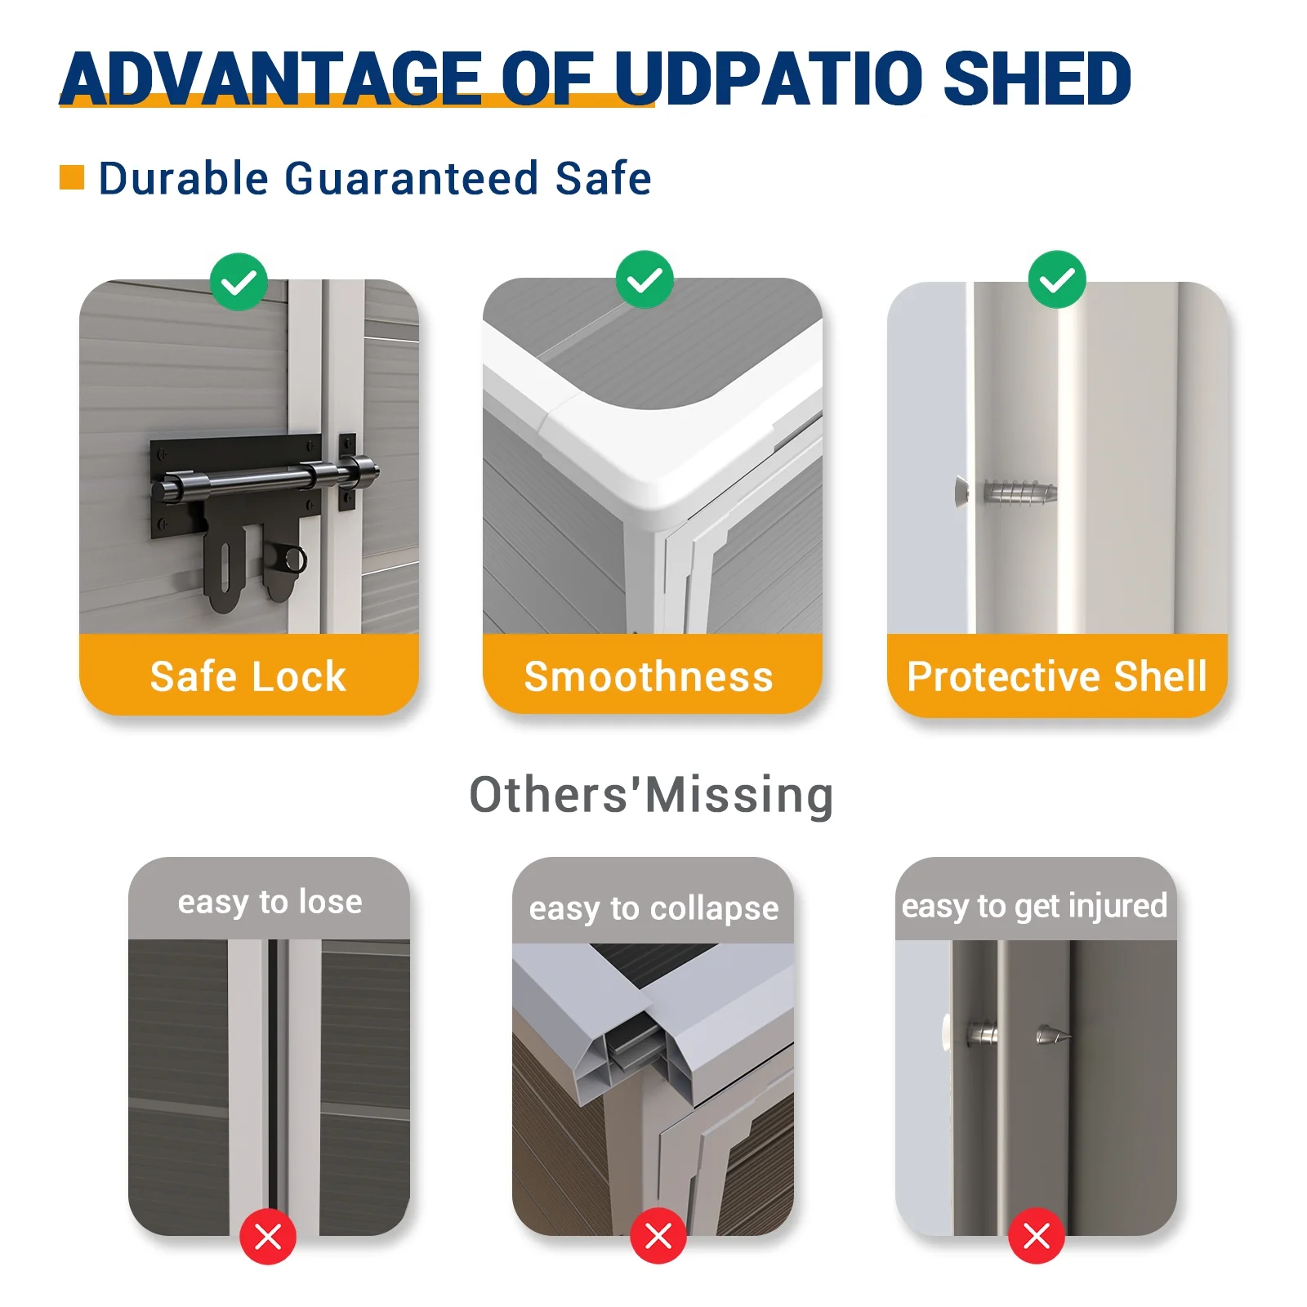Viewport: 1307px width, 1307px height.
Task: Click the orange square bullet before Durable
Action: click(72, 177)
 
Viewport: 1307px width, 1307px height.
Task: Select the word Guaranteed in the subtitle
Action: click(411, 178)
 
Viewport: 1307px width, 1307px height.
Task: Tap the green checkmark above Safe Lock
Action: click(239, 282)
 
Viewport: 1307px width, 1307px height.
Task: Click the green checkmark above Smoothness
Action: click(645, 279)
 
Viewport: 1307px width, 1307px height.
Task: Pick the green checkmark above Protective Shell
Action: click(1057, 279)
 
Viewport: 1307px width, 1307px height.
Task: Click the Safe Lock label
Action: click(248, 676)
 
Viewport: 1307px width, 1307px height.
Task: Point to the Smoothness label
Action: click(649, 676)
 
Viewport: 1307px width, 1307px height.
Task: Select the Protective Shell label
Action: click(1057, 676)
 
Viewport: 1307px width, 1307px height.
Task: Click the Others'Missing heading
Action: click(651, 795)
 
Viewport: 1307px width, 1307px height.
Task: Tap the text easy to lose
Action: click(270, 902)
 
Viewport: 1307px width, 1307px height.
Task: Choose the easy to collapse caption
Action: click(653, 908)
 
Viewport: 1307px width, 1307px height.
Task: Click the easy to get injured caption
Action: click(1034, 906)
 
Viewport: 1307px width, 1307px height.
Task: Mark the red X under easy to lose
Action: click(268, 1237)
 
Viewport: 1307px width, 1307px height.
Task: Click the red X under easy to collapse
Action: click(658, 1236)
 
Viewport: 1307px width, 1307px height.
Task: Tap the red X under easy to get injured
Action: click(1037, 1236)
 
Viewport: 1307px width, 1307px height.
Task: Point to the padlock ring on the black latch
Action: click(293, 560)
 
